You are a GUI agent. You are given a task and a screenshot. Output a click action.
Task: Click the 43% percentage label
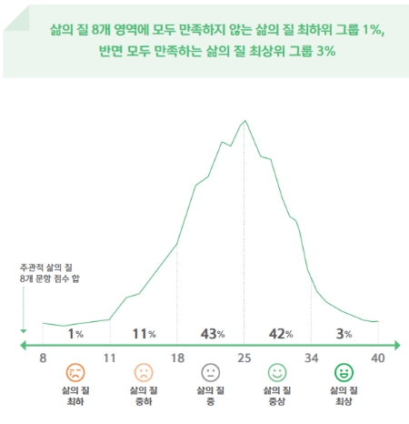[x=213, y=334]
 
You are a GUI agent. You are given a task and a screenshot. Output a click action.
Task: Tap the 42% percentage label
[x=279, y=334]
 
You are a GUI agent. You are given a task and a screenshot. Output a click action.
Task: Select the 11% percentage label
[x=144, y=334]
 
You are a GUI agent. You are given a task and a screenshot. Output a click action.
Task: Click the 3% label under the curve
[x=343, y=334]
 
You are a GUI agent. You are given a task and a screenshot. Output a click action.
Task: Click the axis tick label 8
[x=43, y=358]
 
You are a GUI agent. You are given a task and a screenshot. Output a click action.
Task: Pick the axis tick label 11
[x=109, y=358]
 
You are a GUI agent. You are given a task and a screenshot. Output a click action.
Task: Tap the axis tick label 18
[x=177, y=358]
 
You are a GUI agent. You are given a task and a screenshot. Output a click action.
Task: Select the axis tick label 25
[x=244, y=358]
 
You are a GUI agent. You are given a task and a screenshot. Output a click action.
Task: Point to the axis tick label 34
[x=311, y=358]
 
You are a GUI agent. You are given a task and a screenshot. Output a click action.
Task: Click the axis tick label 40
[x=377, y=358]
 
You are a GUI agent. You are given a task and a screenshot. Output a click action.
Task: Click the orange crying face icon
[x=75, y=373]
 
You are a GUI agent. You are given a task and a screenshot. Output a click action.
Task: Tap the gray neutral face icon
[x=210, y=373]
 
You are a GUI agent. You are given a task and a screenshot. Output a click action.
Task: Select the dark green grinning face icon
[x=344, y=373]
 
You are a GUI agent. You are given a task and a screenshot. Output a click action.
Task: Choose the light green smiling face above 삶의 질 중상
[x=277, y=373]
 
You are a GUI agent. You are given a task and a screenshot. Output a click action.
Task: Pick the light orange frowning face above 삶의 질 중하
[x=143, y=373]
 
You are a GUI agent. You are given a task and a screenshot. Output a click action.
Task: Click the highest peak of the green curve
[x=244, y=120]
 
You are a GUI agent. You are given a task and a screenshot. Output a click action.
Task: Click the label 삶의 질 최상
[x=344, y=396]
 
